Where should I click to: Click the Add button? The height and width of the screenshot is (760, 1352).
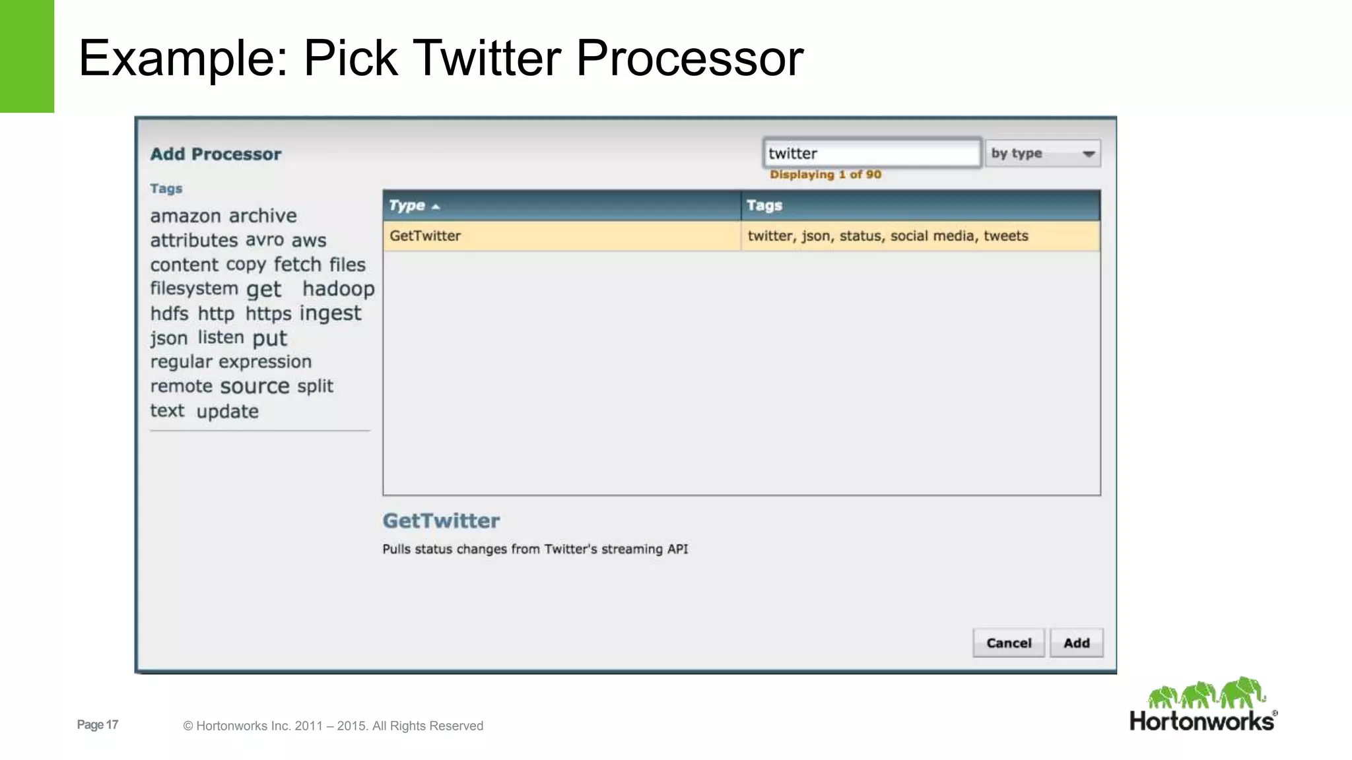1076,643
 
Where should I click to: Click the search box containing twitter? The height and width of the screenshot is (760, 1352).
871,154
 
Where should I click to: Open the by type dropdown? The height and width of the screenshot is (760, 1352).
1042,154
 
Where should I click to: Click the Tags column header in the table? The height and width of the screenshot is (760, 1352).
764,206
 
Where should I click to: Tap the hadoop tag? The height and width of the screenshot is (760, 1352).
339,289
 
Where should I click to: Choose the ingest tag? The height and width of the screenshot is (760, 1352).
330,313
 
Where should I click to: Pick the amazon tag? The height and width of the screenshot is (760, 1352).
186,216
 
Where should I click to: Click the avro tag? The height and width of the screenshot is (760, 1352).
264,240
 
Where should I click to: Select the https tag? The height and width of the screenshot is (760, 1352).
268,313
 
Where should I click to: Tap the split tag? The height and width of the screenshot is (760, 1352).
315,386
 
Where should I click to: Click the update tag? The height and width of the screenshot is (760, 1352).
227,412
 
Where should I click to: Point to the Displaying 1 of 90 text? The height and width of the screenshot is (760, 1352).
825,175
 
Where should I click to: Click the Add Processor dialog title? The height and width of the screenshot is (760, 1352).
215,154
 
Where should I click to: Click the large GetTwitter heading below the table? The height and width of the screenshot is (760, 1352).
441,521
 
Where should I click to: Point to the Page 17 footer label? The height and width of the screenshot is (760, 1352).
98,725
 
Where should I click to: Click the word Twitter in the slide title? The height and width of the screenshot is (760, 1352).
487,58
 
